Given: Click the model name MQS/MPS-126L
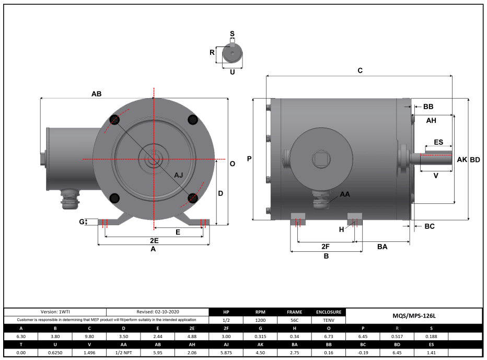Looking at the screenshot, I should pos(414,316).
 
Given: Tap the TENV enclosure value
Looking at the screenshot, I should pos(329,320).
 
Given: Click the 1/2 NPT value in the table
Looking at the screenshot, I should pos(124,353).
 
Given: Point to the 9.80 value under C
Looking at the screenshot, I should pos(89,336).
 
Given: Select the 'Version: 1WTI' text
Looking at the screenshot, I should pos(55,311).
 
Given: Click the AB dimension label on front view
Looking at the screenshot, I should pos(97,94).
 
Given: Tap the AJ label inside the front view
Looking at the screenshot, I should pos(178,175).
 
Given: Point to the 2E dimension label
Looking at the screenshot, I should pos(154,241).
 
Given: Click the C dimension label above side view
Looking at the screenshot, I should pos(360,70).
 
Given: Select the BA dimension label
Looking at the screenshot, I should pos(382,246).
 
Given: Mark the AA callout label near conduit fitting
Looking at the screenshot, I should pos(345,194).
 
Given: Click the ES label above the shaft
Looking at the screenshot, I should pos(438,142).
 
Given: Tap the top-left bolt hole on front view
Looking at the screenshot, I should pos(115,120).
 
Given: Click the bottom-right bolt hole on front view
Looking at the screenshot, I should pos(192,198).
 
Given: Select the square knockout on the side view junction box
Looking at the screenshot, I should pos(318,157).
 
